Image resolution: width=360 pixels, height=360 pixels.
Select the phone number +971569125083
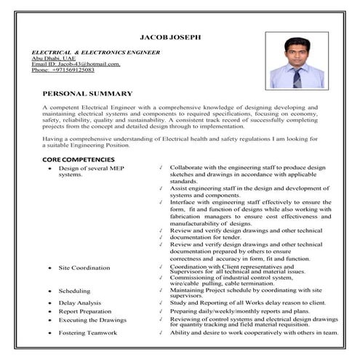pyautogui.click(x=70, y=70)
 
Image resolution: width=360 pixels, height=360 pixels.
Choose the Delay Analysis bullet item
pyautogui.click(x=79, y=303)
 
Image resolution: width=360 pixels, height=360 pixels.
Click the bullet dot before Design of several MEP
pyautogui.click(x=49, y=168)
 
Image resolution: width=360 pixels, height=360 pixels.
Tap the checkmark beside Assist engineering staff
pyautogui.click(x=160, y=188)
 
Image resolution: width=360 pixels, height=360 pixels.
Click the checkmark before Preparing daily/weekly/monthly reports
pyautogui.click(x=160, y=311)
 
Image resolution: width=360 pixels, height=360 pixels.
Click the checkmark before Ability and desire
pyautogui.click(x=160, y=332)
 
